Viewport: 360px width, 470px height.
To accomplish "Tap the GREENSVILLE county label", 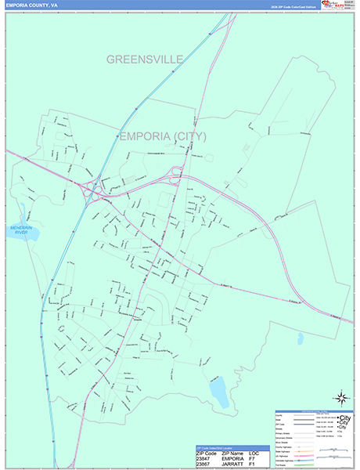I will coord(145,60).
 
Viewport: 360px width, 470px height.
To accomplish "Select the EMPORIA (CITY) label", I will coord(163,136).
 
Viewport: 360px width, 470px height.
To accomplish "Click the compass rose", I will coord(342,398).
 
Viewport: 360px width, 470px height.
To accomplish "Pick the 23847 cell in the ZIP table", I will coord(207,459).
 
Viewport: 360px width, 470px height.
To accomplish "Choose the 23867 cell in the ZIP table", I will coord(207,465).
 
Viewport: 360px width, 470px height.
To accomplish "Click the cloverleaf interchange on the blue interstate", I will coord(92,190).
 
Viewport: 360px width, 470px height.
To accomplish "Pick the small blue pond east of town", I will coord(300,338).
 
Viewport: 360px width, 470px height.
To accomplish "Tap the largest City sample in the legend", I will coord(343,417).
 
